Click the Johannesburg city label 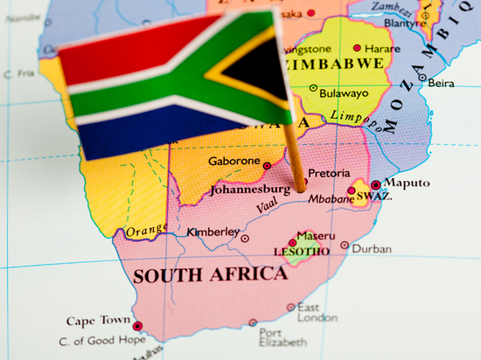coord(250,189)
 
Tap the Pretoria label coord(328,174)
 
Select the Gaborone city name coord(234,162)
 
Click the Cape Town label coord(99,321)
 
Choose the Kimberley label coord(213,232)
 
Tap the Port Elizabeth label coord(282,338)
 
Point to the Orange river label coord(146,231)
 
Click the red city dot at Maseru coord(292,243)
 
